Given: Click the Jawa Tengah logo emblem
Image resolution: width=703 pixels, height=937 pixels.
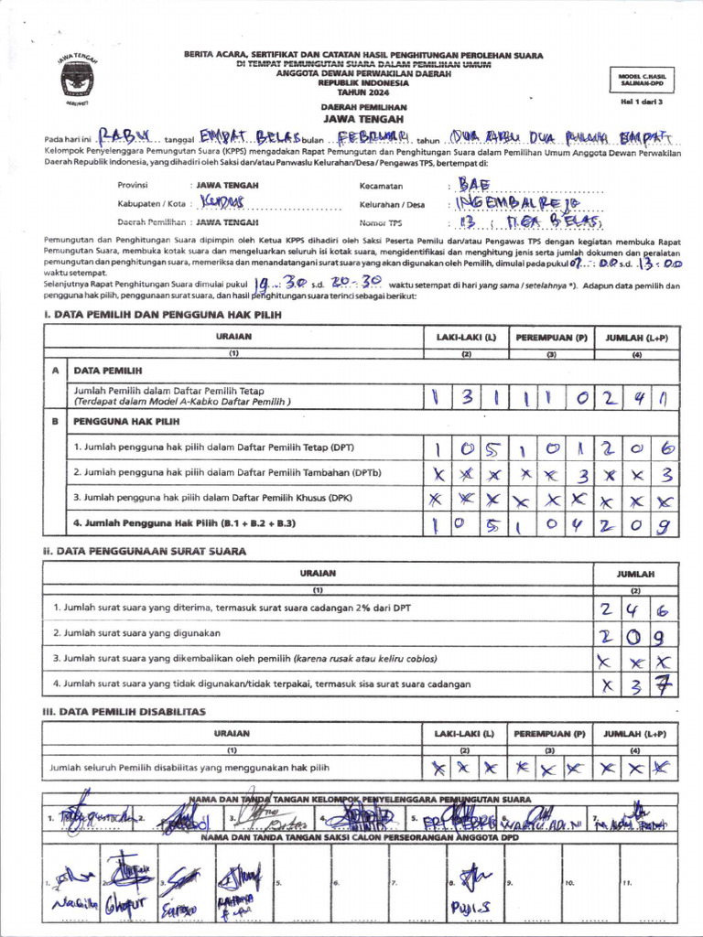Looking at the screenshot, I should coord(77,80).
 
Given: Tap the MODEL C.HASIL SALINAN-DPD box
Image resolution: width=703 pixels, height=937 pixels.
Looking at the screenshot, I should coord(641,81).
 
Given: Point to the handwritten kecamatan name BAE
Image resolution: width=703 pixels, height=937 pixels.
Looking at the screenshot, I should coord(474,185).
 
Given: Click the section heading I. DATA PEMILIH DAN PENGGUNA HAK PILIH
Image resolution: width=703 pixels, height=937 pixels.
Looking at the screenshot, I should coord(163,315).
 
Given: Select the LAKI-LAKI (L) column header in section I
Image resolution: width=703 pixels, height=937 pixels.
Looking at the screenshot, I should coord(465,337).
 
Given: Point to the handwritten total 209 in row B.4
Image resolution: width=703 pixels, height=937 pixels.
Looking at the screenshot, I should coord(637,525).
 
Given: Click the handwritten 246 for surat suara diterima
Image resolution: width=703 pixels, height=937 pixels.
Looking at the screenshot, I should coord(637,610).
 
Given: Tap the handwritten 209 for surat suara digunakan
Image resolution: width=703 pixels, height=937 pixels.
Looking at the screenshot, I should coord(637,636).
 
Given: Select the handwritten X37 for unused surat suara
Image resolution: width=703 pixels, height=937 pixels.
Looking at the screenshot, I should coord(637,684).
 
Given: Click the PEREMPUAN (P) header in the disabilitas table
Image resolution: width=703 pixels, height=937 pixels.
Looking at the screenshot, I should coord(549,734).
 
